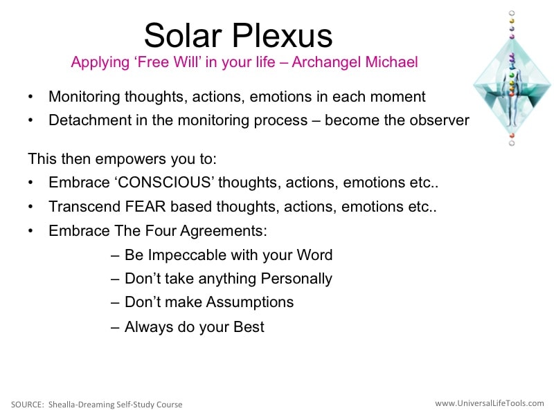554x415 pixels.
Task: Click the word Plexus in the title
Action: tap(282, 35)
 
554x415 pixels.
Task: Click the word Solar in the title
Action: tap(183, 35)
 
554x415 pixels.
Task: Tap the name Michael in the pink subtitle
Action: tap(391, 62)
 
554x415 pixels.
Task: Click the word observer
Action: tap(439, 120)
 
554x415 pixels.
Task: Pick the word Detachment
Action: tap(90, 120)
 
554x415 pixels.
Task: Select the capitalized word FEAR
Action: tap(145, 207)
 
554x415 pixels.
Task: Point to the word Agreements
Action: tap(223, 232)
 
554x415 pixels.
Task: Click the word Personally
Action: tap(296, 279)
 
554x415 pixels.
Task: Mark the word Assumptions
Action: tap(250, 302)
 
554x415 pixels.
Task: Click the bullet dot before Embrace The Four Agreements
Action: tap(30, 231)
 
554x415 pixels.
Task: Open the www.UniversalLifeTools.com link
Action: tap(490, 403)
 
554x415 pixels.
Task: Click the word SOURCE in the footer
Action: tap(27, 405)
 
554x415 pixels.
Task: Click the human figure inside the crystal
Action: tap(512, 90)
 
